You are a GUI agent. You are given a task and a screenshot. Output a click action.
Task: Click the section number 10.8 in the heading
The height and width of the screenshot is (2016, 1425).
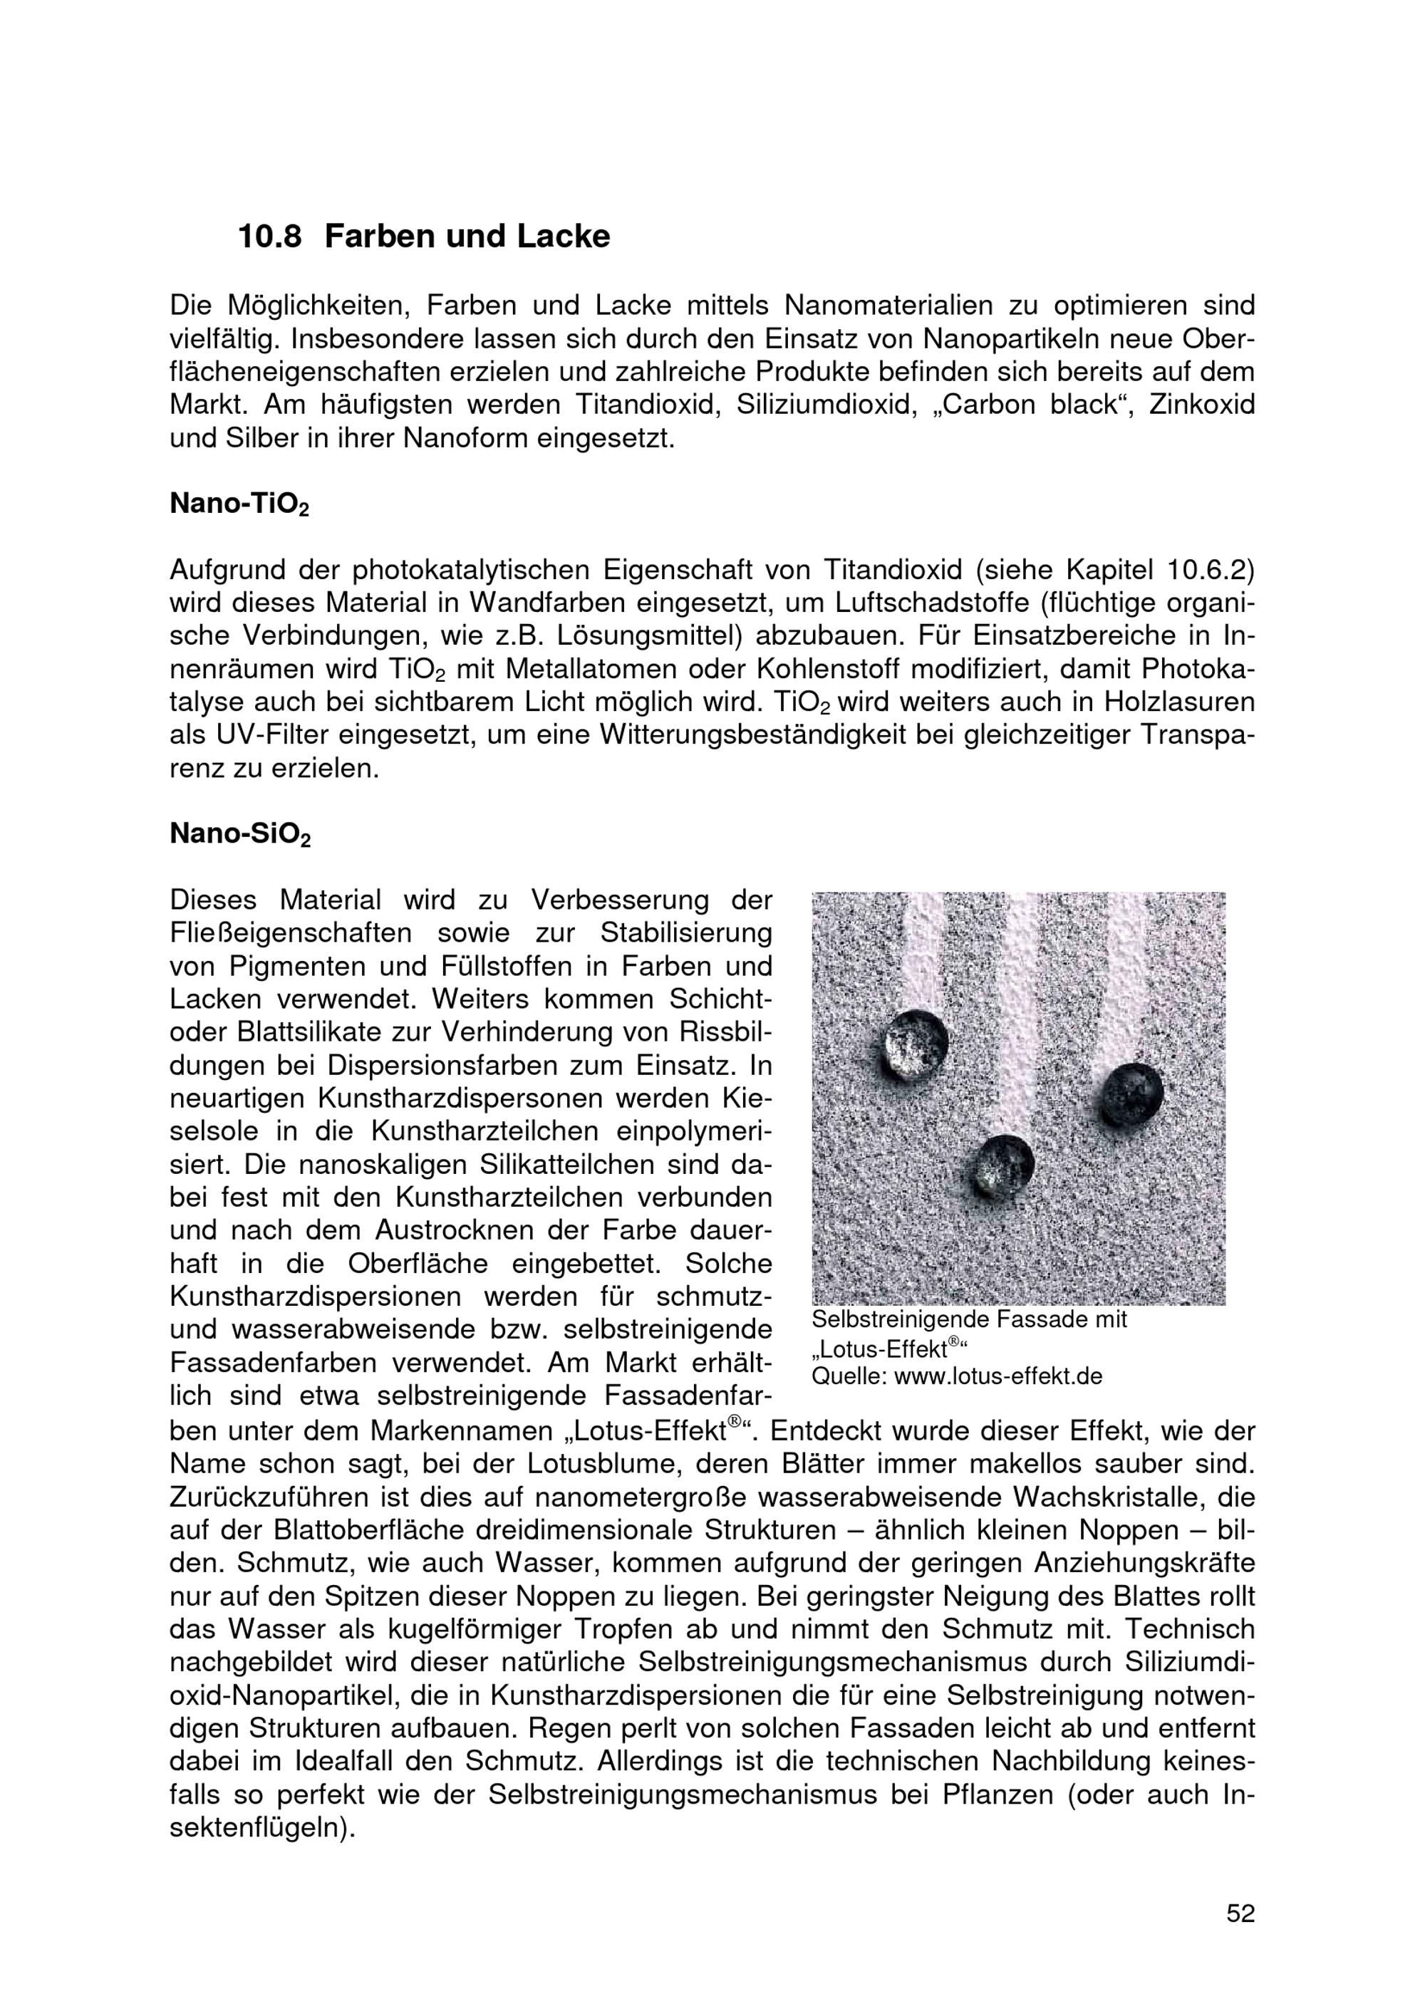click(269, 237)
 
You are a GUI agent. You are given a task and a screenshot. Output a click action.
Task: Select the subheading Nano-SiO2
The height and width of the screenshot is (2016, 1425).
click(239, 834)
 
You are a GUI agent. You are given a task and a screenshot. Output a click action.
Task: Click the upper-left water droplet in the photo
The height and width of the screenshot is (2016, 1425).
click(916, 1044)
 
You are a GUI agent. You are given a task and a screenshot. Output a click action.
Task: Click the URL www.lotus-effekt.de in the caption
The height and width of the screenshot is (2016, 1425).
click(997, 1376)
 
